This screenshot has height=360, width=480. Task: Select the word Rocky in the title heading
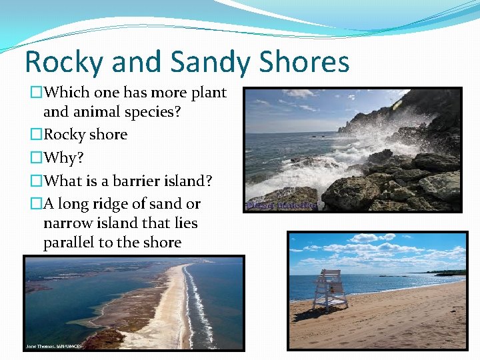point(64,62)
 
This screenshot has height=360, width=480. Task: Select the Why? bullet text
point(61,157)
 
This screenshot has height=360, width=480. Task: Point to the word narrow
point(68,223)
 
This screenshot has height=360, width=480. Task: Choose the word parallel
point(69,243)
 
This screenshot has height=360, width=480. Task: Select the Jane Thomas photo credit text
point(53,347)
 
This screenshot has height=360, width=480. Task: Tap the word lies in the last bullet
point(184,223)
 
